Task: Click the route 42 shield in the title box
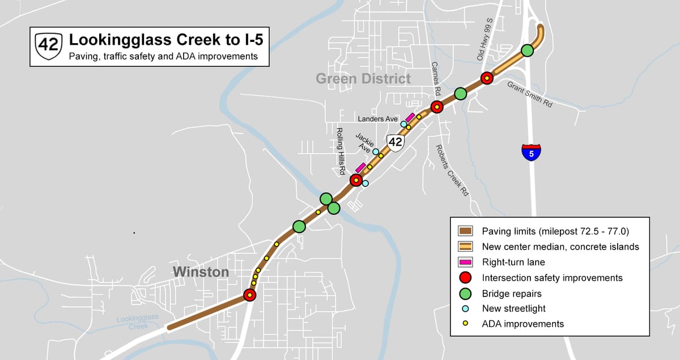point(48,46)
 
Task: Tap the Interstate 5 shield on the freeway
point(531,152)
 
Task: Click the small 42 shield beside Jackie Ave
point(395,142)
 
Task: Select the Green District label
point(363,78)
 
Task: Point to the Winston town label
point(201,272)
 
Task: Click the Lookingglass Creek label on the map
point(138,323)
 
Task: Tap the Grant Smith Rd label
point(530,95)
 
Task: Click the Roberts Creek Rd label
point(452,170)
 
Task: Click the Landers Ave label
point(378,119)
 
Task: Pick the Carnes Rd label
point(436,78)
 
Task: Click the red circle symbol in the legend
point(465,278)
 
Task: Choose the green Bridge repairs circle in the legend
point(465,294)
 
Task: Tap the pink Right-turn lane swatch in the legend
point(465,262)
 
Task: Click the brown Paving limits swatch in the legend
point(465,231)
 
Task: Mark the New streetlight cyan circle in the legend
point(465,308)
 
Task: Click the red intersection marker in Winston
point(249,295)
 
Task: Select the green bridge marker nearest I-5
point(527,50)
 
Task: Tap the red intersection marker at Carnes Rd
point(436,107)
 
